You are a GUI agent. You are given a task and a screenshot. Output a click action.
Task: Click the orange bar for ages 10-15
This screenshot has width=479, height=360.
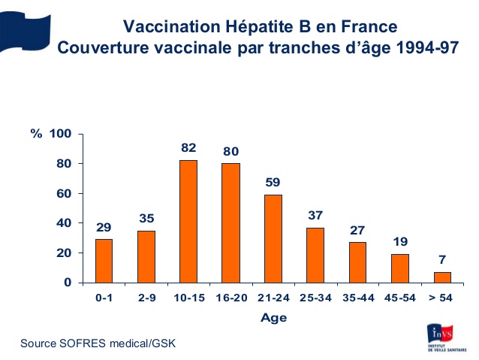coord(188,222)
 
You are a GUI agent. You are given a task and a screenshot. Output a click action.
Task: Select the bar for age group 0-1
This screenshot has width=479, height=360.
coord(104,261)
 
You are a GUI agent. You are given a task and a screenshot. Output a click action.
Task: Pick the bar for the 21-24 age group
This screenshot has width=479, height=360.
coord(273,238)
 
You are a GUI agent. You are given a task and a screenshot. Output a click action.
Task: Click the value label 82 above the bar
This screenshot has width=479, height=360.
coord(188,148)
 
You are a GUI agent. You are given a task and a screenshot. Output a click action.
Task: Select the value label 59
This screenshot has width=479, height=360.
coord(273,182)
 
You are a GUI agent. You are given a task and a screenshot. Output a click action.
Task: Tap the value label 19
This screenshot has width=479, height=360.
coord(400,241)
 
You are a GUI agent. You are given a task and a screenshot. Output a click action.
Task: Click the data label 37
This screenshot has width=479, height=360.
coord(315,215)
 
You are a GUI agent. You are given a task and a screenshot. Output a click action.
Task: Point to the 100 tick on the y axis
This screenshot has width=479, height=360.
coord(60,134)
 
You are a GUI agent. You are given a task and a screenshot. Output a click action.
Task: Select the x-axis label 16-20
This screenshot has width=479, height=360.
coord(230,298)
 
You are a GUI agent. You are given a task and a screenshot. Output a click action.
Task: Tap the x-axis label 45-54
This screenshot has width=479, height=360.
coord(400,298)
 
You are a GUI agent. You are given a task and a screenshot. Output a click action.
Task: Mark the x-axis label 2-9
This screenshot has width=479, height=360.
coord(146,298)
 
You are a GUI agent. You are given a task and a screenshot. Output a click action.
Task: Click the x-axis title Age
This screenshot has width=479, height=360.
coord(273,317)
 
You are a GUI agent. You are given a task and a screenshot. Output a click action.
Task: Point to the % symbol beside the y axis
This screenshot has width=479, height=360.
coord(35,134)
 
